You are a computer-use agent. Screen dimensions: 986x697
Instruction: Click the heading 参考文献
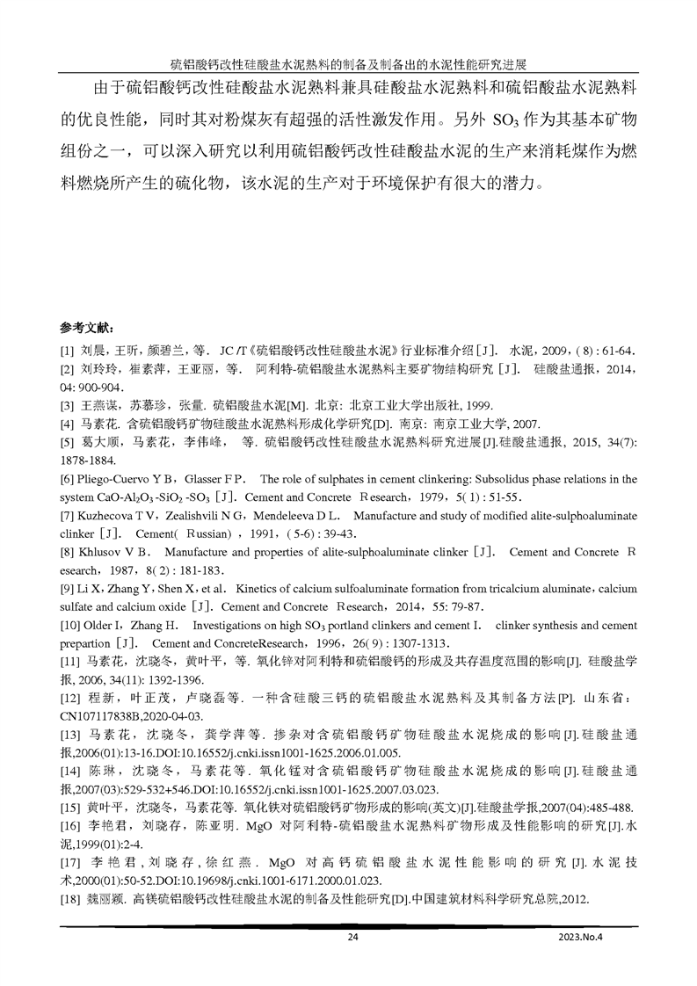(x=86, y=327)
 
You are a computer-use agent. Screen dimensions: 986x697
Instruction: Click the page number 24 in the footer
(x=352, y=937)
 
